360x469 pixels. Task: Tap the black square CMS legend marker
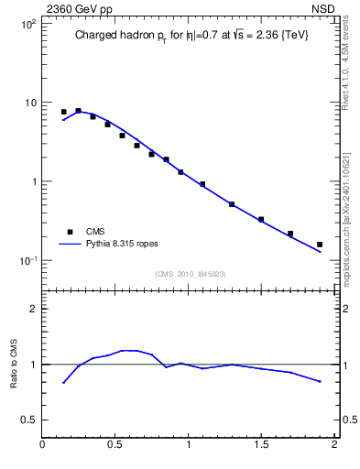pyautogui.click(x=66, y=232)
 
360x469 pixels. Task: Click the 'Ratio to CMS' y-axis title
pyautogui.click(x=14, y=364)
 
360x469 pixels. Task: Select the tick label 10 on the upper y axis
pyautogui.click(x=30, y=103)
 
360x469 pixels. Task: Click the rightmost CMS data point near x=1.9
pyautogui.click(x=320, y=245)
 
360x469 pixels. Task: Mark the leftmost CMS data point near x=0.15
pyautogui.click(x=64, y=112)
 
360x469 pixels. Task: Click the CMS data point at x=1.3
pyautogui.click(x=232, y=204)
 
